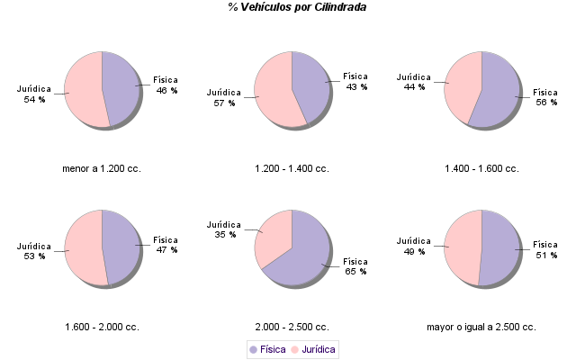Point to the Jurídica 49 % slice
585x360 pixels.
point(463,247)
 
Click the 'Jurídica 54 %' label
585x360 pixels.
point(33,94)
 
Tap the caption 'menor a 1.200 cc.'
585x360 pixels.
point(102,168)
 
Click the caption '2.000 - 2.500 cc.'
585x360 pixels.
point(292,327)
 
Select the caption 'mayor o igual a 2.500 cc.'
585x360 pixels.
point(481,327)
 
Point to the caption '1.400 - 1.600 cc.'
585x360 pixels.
point(481,168)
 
